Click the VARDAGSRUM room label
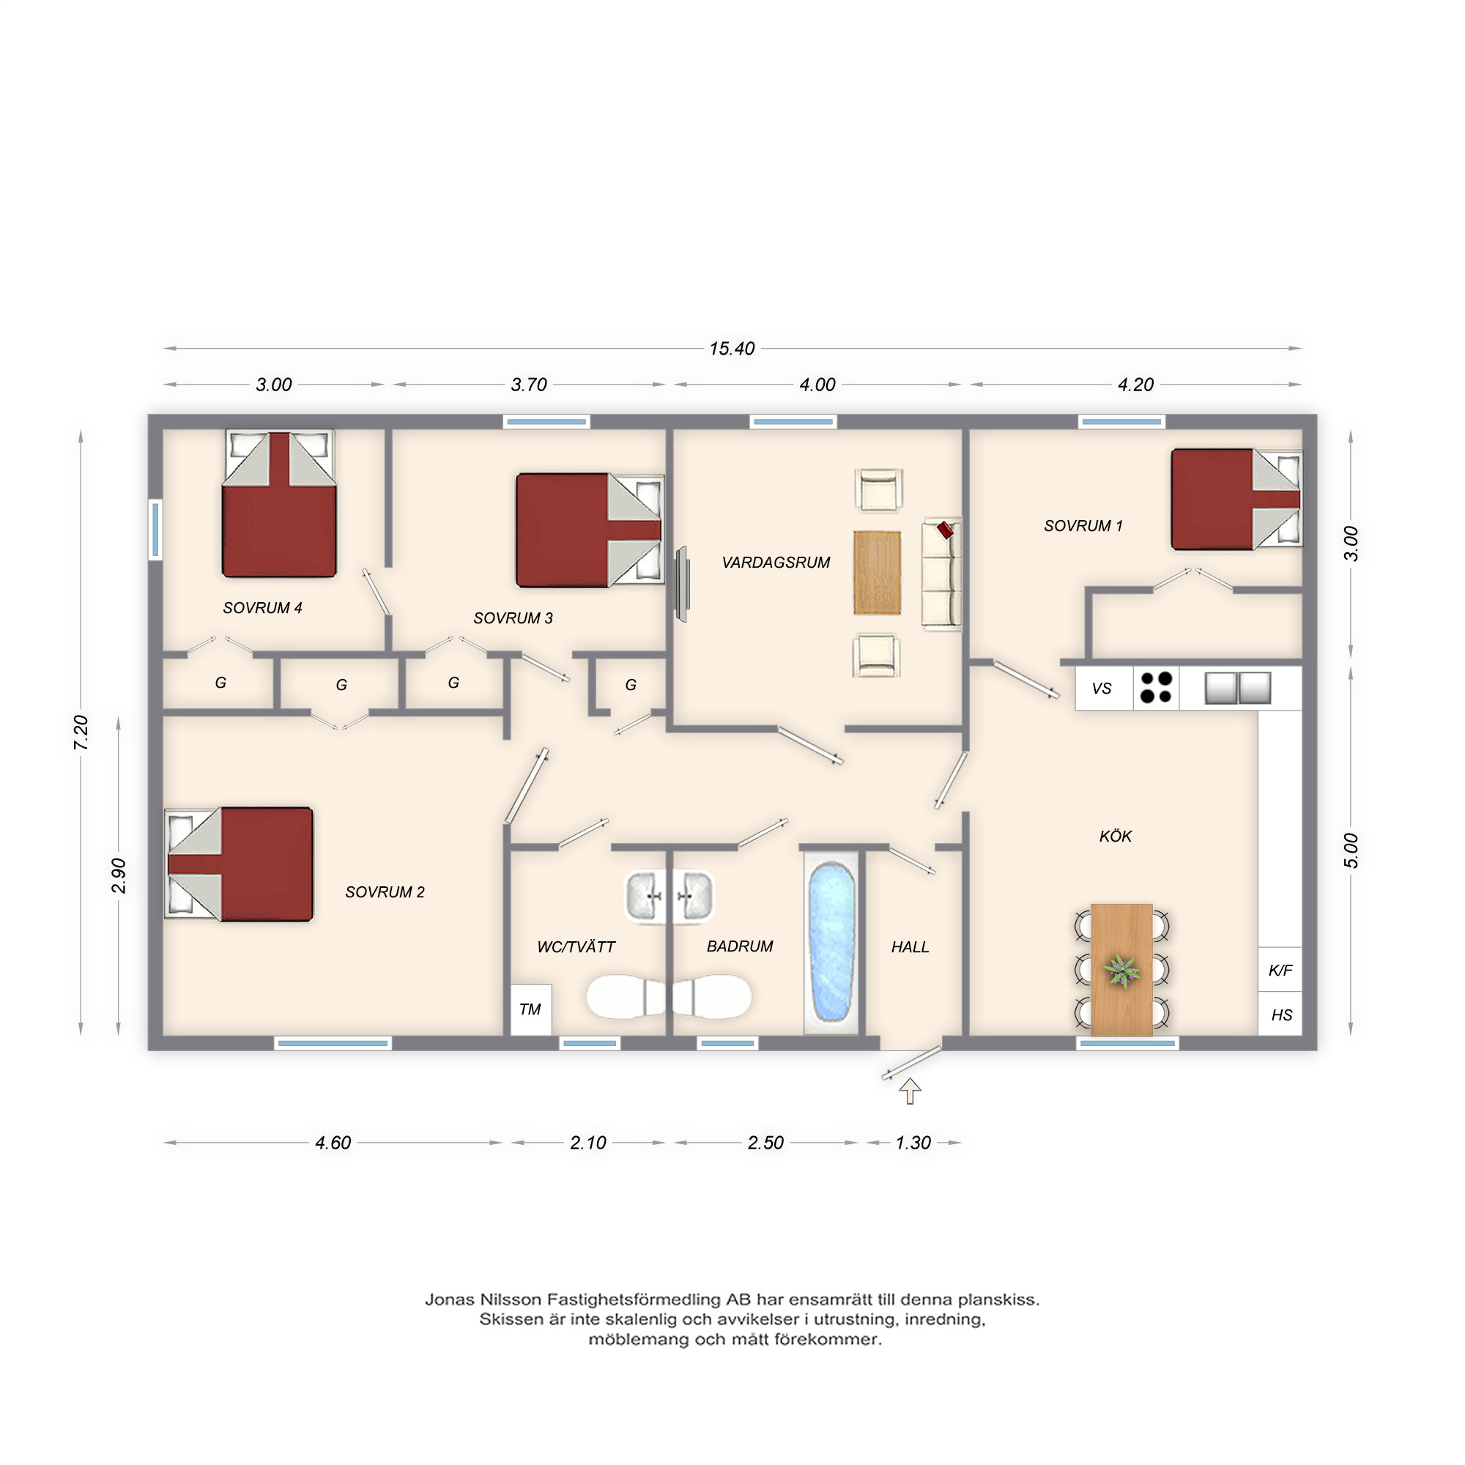click(x=776, y=563)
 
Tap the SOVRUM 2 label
click(x=385, y=892)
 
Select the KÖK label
click(x=1116, y=837)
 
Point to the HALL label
click(x=910, y=947)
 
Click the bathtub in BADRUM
click(x=832, y=942)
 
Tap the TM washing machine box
click(x=531, y=1009)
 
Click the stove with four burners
click(x=1157, y=688)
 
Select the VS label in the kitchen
click(x=1102, y=689)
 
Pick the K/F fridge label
click(x=1280, y=970)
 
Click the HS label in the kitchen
click(x=1281, y=1015)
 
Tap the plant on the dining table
click(x=1121, y=971)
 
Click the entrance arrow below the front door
click(x=910, y=1091)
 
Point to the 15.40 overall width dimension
click(x=732, y=349)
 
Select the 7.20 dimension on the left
click(x=81, y=732)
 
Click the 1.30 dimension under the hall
click(x=913, y=1143)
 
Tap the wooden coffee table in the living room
click(x=878, y=573)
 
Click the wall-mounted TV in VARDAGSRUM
click(x=683, y=585)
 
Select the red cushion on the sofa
click(x=946, y=530)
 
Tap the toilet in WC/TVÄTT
click(x=626, y=996)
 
